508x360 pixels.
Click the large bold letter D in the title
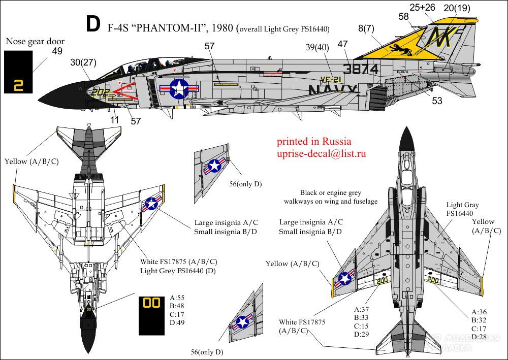pyautogui.click(x=93, y=24)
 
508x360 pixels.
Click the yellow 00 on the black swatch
pyautogui.click(x=151, y=303)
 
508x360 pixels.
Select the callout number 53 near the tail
pyautogui.click(x=437, y=101)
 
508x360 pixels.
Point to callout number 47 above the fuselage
pyautogui.click(x=342, y=44)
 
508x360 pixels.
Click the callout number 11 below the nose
pyautogui.click(x=114, y=120)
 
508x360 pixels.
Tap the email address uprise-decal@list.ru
pyautogui.click(x=322, y=153)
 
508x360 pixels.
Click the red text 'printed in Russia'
pyautogui.click(x=314, y=141)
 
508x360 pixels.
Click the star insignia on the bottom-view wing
pyautogui.click(x=151, y=204)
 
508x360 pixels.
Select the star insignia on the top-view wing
pyautogui.click(x=345, y=278)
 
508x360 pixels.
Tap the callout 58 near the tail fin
pyautogui.click(x=403, y=17)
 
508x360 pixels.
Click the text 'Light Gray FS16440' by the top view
pyautogui.click(x=462, y=209)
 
